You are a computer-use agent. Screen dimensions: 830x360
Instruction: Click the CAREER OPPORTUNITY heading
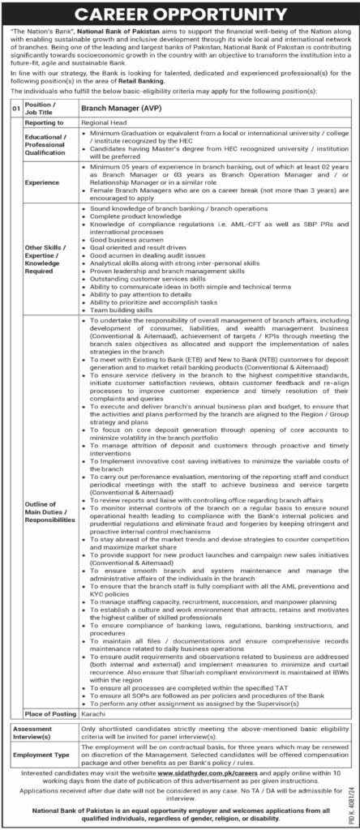click(180, 15)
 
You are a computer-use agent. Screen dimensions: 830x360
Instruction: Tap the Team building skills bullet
click(120, 309)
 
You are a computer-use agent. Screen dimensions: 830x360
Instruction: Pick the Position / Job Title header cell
click(41, 107)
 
